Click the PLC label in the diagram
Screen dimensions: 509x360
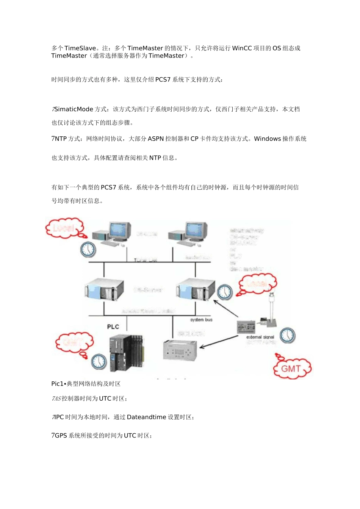(x=113, y=326)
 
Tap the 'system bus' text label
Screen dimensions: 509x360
(x=201, y=320)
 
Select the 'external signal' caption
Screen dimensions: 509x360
(x=260, y=337)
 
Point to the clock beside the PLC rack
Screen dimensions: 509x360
(x=99, y=361)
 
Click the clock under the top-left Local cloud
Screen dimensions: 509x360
(x=88, y=250)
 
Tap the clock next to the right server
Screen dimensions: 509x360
(x=225, y=292)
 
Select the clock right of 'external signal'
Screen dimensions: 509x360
(x=288, y=336)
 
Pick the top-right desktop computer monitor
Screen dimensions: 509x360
(x=196, y=230)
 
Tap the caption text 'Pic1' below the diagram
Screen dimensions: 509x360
(x=57, y=384)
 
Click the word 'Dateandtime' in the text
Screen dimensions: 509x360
(x=146, y=417)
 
